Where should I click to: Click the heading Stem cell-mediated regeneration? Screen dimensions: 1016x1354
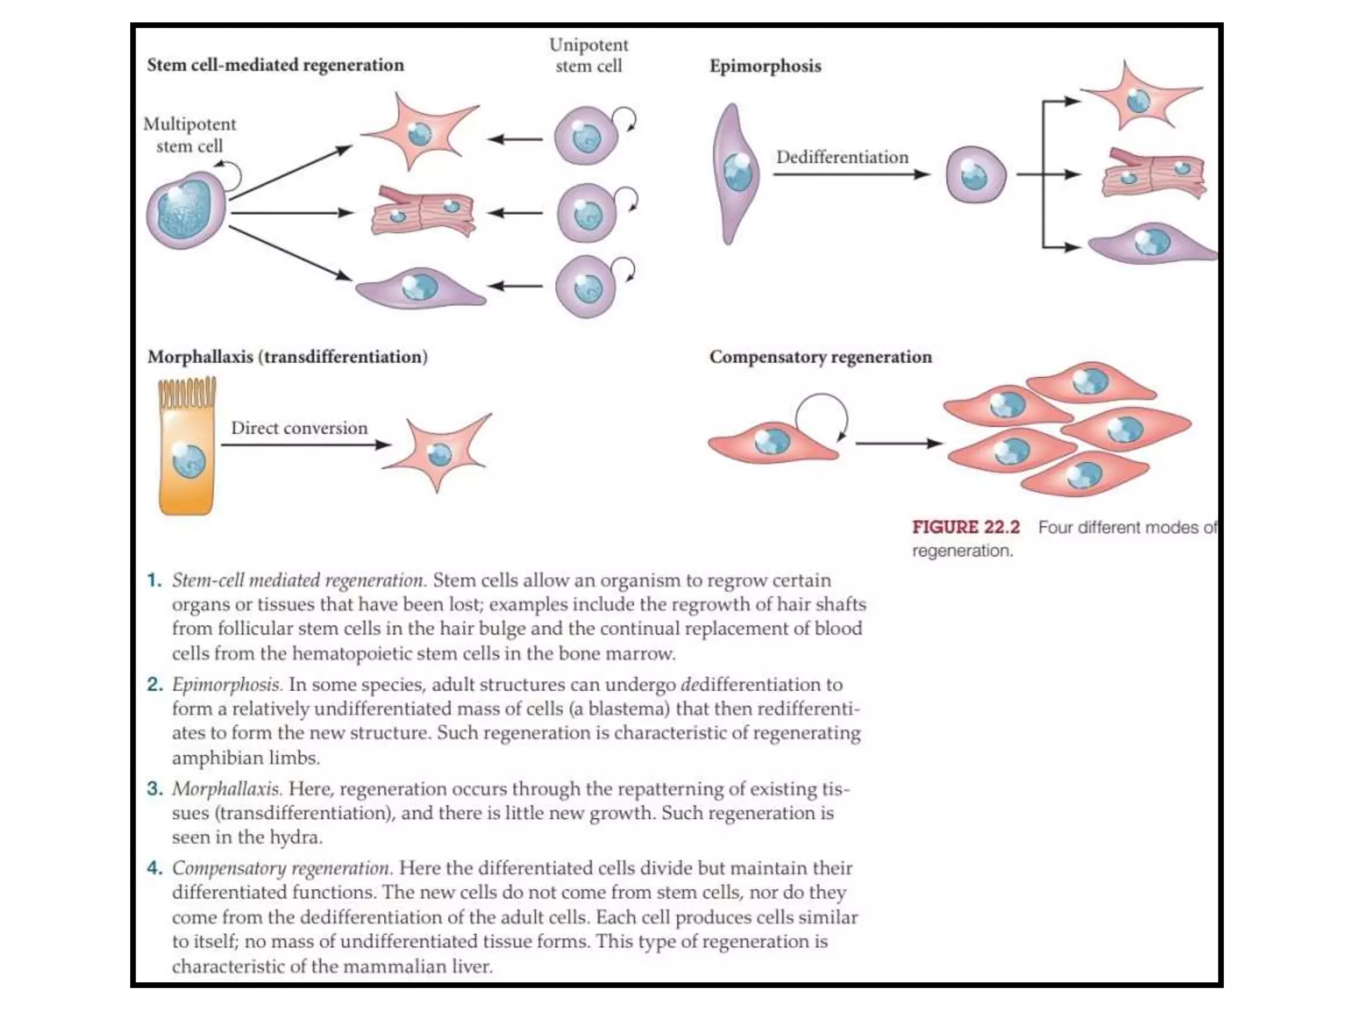coord(275,65)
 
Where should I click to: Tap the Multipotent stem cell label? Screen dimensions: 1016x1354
coord(189,135)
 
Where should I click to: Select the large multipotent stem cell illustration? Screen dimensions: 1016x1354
coord(186,210)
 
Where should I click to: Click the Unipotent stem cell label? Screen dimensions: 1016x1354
coord(588,56)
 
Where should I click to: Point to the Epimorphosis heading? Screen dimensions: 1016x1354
coord(765,66)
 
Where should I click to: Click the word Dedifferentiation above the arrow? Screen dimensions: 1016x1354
coord(842,157)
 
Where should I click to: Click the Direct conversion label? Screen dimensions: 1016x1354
coord(299,428)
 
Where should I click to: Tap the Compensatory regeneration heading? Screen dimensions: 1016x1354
coord(820,357)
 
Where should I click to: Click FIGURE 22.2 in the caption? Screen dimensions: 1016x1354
coord(966,527)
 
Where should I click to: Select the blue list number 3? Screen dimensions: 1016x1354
coord(155,788)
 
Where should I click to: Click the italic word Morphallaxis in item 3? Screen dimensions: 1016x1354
coord(227,788)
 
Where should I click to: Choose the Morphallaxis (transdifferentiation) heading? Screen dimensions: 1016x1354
coord(288,357)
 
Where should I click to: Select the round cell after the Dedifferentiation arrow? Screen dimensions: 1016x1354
coord(975,175)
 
